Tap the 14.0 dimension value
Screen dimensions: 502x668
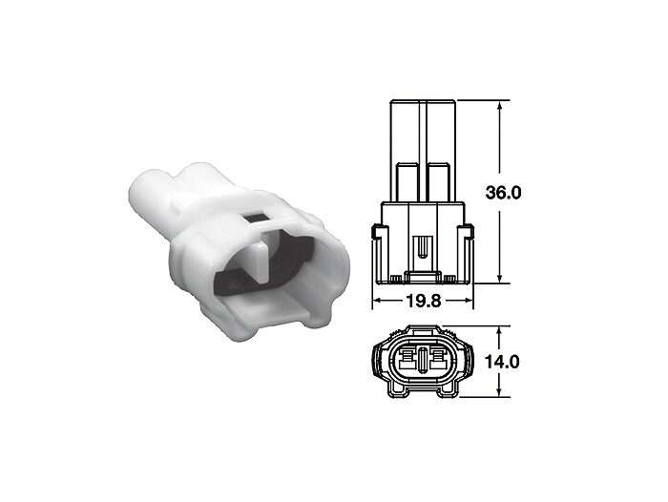coord(503,362)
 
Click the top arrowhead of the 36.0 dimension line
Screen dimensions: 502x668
coord(499,105)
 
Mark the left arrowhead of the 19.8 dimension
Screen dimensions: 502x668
coord(375,300)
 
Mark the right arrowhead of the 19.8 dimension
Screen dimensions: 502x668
coord(470,300)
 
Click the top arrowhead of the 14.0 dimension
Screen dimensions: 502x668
coord(499,329)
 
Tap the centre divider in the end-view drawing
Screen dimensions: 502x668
coord(423,361)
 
